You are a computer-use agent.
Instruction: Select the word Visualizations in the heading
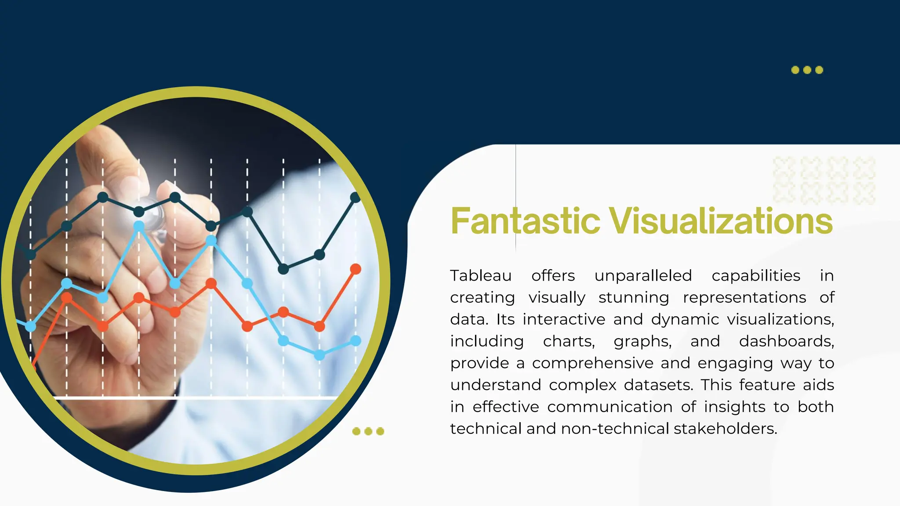tap(721, 221)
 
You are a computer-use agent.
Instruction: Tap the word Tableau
tap(481, 276)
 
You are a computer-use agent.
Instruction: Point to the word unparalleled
tap(643, 276)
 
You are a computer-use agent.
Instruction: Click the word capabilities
tap(756, 276)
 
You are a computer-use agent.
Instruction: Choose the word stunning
tap(634, 298)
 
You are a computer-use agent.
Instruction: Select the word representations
tap(744, 298)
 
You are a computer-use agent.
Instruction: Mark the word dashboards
tap(786, 341)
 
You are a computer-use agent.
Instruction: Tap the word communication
tap(610, 407)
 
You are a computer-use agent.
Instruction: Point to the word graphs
tap(642, 341)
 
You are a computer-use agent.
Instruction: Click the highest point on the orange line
tap(356, 269)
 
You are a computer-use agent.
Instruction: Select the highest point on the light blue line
tap(139, 226)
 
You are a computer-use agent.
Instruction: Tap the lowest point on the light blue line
tap(319, 355)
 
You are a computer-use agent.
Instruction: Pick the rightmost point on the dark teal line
tap(356, 198)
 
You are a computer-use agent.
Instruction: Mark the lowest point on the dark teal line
tap(283, 269)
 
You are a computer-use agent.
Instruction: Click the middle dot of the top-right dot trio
tap(807, 70)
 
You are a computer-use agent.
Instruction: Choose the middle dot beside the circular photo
tap(368, 431)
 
